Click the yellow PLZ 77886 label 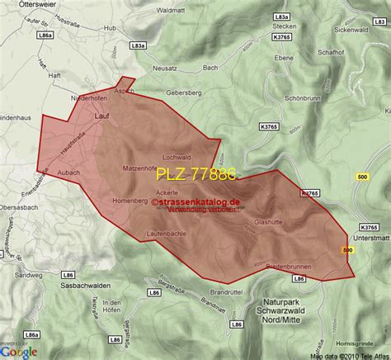pos(196,175)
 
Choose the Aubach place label pos(68,172)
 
